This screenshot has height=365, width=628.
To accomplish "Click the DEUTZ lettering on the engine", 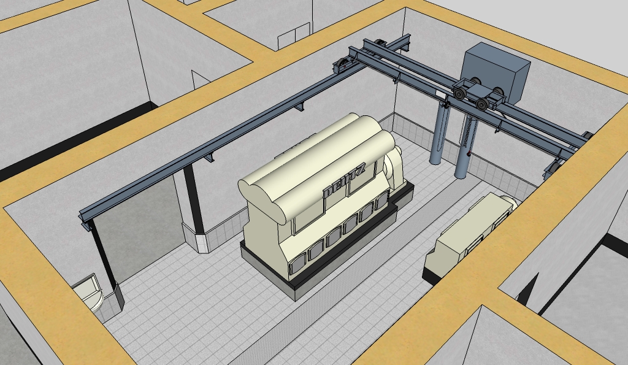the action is (x=345, y=181).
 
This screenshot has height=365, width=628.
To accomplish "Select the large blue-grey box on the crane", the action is (x=495, y=72).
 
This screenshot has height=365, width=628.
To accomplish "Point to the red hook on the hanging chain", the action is (x=468, y=153).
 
